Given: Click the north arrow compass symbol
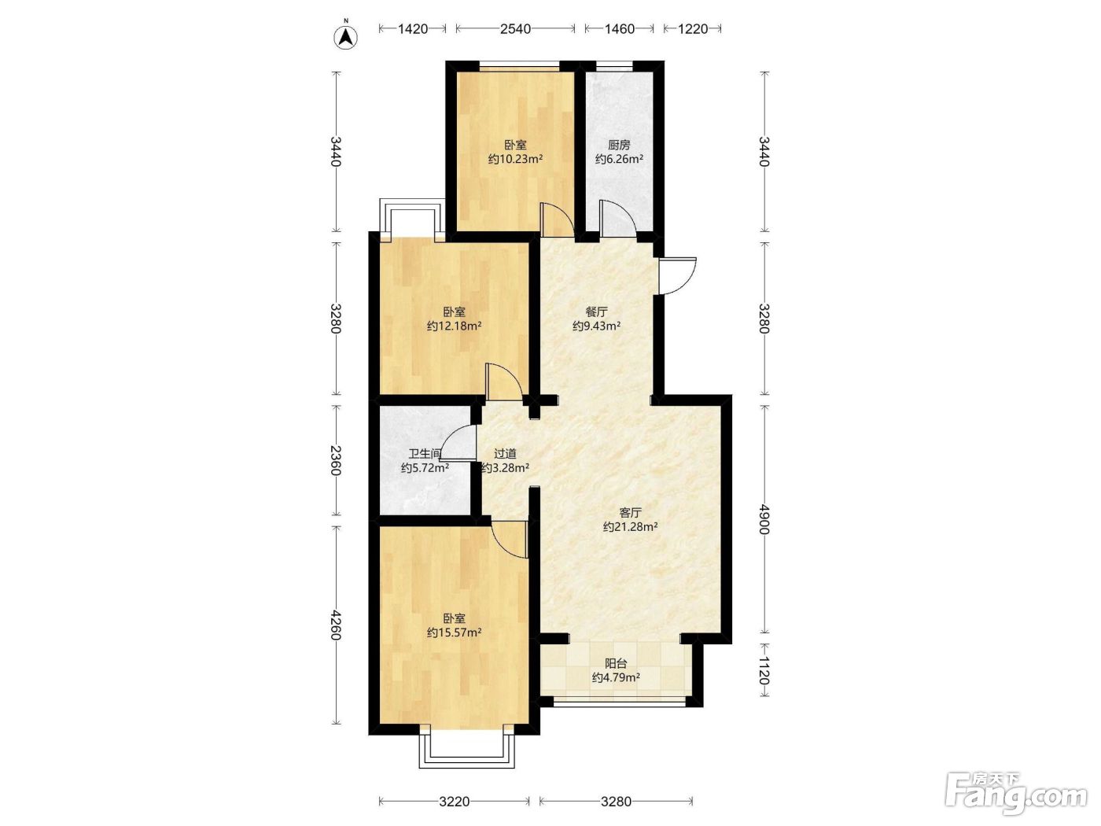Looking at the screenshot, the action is pos(345,37).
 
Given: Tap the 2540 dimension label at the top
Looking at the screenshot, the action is pos(515,29).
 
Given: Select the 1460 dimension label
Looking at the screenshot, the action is pos(619,29).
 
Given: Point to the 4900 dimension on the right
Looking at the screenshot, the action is pos(764,519).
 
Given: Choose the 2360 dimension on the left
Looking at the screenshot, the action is pos(336,460).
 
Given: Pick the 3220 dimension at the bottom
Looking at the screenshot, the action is pos(454,802).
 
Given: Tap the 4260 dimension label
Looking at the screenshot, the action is pos(336,625).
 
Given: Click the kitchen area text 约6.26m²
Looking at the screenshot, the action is pos(619,160).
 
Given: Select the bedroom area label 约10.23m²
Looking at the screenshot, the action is pos(515,160).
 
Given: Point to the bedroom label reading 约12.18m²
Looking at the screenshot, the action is pos(454,326).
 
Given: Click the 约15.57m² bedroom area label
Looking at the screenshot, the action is pos(454,633).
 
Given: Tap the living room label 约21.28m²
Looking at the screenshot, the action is pos(630,527).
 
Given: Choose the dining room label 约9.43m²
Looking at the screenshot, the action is pos(596,326).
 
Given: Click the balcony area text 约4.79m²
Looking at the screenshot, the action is pos(616,678).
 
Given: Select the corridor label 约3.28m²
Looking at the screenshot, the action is pos(505,468).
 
